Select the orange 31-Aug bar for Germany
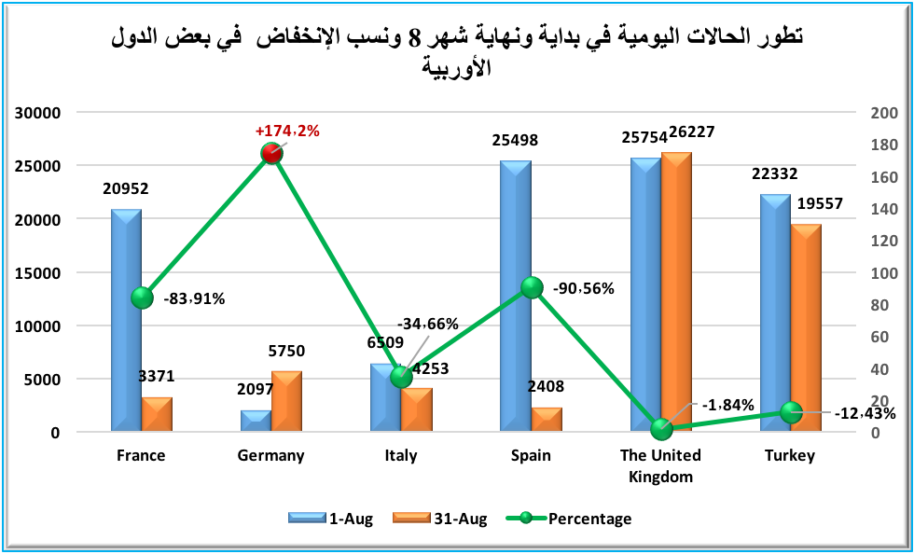coord(286,402)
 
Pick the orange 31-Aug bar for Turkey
coord(806,327)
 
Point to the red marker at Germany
coord(271,154)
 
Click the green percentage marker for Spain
coord(532,287)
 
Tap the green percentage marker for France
coord(142,298)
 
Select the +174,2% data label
coord(287,132)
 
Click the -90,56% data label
coord(583,288)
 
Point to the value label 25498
coord(517,141)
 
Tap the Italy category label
coord(401,456)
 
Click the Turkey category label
coord(790,456)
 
